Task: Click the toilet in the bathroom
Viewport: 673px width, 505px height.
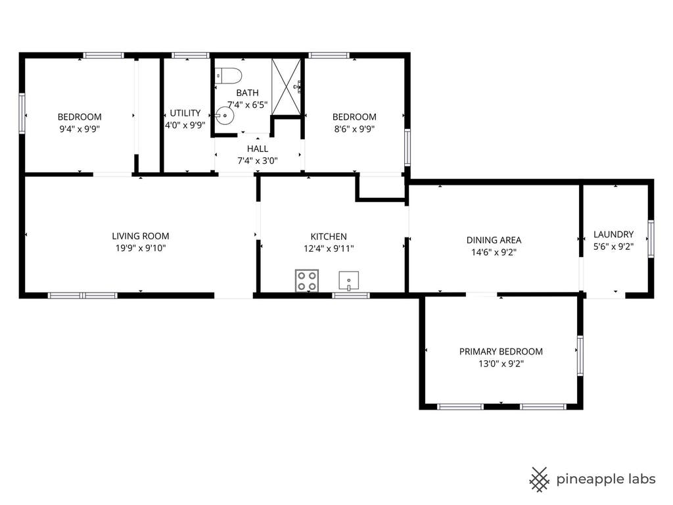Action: pyautogui.click(x=228, y=76)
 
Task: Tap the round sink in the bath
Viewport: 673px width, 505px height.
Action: pyautogui.click(x=225, y=116)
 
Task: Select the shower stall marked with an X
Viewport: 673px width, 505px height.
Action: pyautogui.click(x=286, y=87)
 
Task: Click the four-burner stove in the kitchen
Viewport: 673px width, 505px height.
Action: pyautogui.click(x=307, y=280)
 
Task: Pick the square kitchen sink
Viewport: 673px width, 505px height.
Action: pyautogui.click(x=348, y=281)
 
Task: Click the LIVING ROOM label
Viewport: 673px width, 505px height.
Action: pyautogui.click(x=141, y=236)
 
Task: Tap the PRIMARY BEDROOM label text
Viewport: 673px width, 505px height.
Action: pyautogui.click(x=501, y=352)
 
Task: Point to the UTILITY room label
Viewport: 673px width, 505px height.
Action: pyautogui.click(x=185, y=113)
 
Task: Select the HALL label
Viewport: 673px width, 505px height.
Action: pyautogui.click(x=258, y=149)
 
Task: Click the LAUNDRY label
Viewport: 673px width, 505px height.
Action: pyautogui.click(x=613, y=235)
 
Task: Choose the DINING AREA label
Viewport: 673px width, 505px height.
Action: pyautogui.click(x=494, y=241)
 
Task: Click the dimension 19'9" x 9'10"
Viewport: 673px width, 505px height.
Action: pyautogui.click(x=141, y=248)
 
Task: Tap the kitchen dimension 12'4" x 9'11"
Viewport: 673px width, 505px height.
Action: pyautogui.click(x=329, y=249)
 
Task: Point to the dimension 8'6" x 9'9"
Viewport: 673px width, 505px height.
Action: pyautogui.click(x=354, y=129)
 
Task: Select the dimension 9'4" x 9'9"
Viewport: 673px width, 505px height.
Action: pyautogui.click(x=80, y=129)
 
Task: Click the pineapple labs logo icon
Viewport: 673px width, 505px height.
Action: pyautogui.click(x=540, y=479)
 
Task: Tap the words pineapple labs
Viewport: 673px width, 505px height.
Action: pyautogui.click(x=605, y=479)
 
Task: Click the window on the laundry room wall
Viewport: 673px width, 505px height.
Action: pyautogui.click(x=651, y=239)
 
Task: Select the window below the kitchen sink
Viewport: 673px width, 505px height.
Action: pyautogui.click(x=351, y=295)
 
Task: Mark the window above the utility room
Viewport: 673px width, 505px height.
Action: pyautogui.click(x=190, y=55)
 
